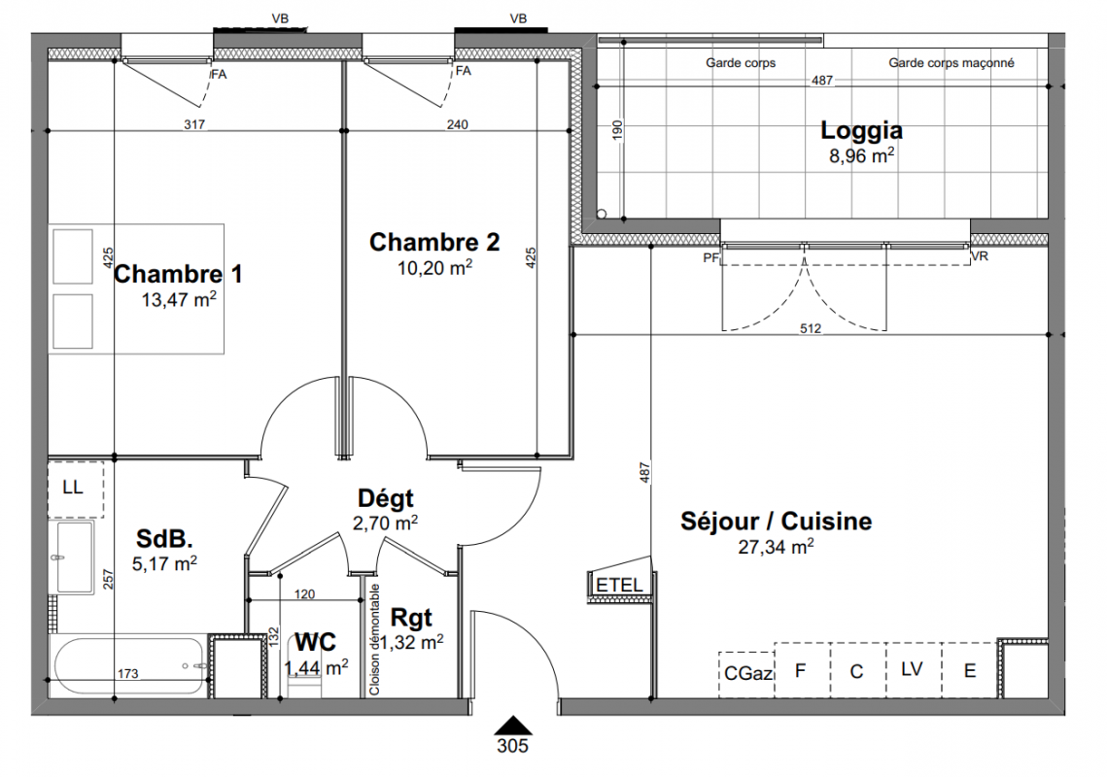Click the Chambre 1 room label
click(178, 274)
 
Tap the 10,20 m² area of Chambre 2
click(434, 268)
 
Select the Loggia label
click(861, 130)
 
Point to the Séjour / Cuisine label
click(776, 522)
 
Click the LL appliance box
click(76, 490)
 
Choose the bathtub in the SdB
click(130, 667)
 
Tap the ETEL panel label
click(619, 585)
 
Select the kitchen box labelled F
click(802, 670)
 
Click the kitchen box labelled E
click(969, 670)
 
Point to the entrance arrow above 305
click(512, 726)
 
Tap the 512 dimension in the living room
click(811, 328)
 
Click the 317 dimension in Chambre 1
click(194, 125)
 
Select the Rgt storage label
click(411, 619)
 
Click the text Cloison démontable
click(374, 639)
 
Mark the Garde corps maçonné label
click(951, 63)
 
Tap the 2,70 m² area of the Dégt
click(385, 523)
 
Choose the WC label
click(315, 642)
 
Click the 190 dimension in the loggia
click(618, 129)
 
